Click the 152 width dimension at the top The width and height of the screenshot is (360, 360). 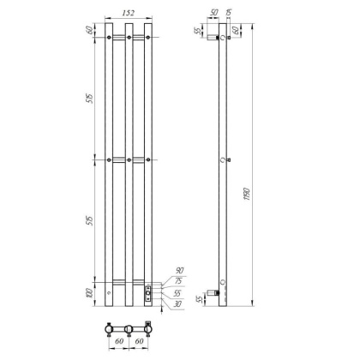[129, 15]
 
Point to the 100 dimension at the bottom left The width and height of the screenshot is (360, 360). [92, 294]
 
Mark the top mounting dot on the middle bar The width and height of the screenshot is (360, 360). [129, 38]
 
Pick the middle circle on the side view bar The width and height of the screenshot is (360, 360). [223, 160]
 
